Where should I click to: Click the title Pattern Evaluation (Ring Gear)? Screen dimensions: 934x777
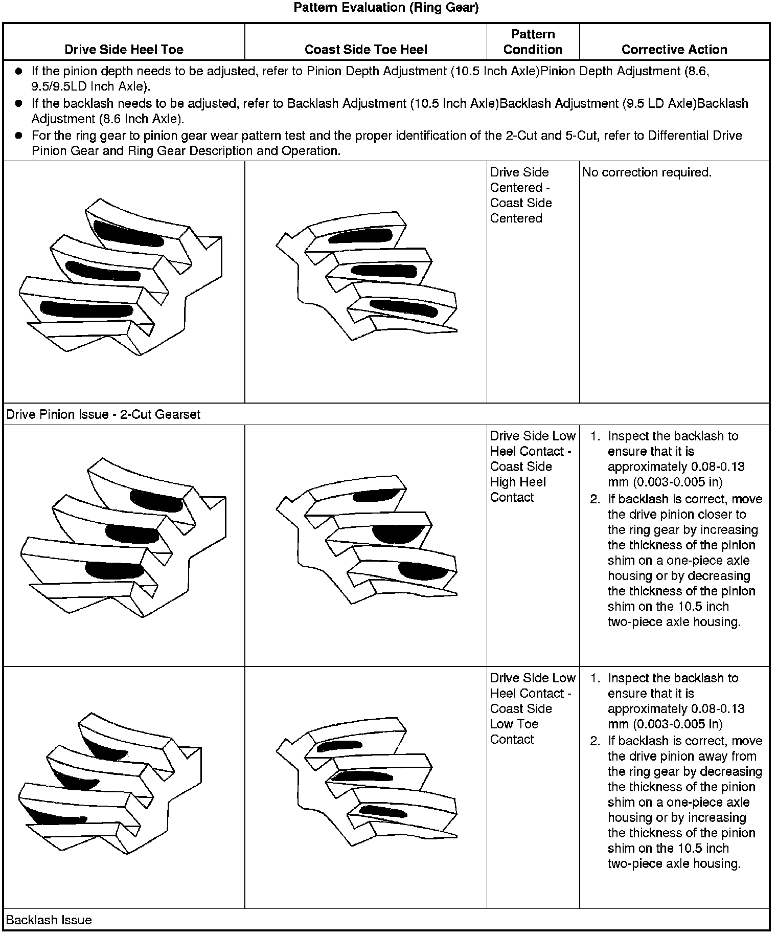coord(386,8)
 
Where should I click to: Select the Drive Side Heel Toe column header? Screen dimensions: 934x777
coord(124,49)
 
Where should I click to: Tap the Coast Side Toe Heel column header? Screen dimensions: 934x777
coord(365,49)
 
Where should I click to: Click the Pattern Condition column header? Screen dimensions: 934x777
coord(533,42)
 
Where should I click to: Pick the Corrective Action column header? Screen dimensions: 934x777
coord(674,49)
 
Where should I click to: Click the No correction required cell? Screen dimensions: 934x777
coord(647,172)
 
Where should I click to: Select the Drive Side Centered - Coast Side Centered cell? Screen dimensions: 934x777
coord(520,195)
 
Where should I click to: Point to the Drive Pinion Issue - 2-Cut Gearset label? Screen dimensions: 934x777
coord(103,414)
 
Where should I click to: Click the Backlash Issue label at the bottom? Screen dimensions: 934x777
coord(49,920)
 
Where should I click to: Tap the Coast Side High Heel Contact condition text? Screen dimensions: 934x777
coord(520,482)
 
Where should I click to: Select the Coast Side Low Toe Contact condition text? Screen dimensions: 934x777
coord(520,724)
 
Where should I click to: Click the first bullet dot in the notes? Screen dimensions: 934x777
coord(19,71)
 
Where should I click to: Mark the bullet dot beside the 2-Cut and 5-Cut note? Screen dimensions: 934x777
coord(19,136)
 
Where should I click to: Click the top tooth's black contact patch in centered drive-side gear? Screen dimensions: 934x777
coord(128,235)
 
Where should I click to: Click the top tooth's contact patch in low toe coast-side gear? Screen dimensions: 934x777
coord(338,746)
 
